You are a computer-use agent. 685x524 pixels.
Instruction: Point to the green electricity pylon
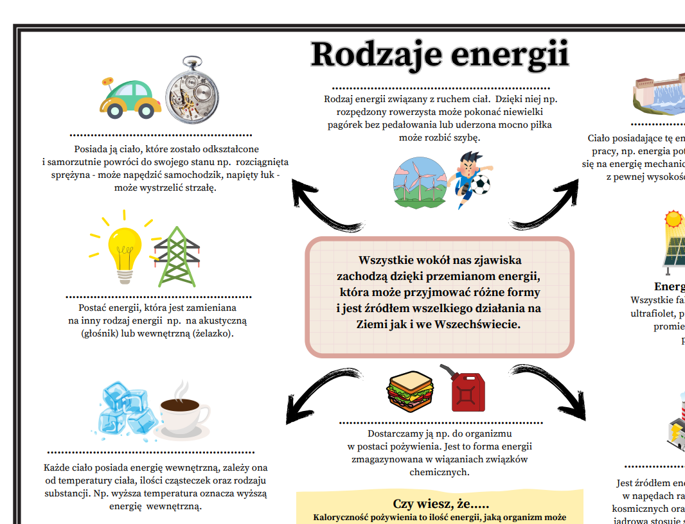pyautogui.click(x=177, y=257)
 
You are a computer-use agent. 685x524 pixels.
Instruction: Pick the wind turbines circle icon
pyautogui.click(x=419, y=182)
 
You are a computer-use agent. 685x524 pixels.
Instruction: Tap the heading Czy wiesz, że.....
pyautogui.click(x=441, y=504)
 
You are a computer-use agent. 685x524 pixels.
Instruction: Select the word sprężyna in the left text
pyautogui.click(x=71, y=175)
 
